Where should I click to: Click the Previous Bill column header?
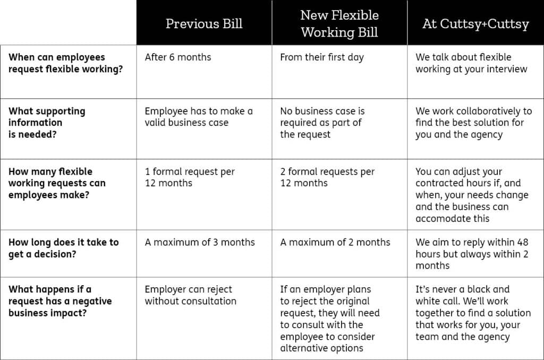204,24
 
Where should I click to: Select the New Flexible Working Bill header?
339,23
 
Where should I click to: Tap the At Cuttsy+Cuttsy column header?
475,24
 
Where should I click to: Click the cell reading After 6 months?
178,57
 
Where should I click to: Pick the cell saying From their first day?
322,57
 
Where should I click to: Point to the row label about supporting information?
47,123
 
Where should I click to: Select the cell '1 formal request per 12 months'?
190,177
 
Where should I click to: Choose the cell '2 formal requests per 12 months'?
327,177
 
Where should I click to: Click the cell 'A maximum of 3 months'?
200,242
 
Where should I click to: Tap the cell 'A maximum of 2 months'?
335,242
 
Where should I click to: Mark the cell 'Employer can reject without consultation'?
190,295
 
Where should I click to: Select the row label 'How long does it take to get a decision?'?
64,248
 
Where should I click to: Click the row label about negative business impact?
60,301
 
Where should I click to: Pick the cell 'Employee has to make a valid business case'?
199,117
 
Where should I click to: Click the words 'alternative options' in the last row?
322,348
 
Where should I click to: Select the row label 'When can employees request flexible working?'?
65,63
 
